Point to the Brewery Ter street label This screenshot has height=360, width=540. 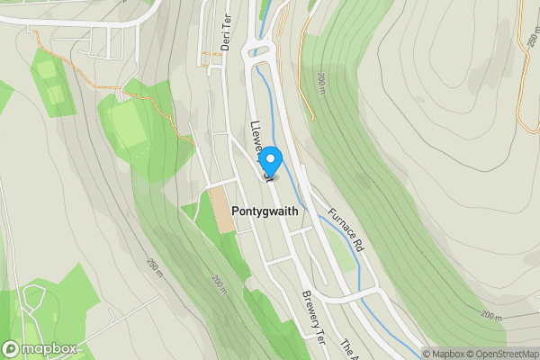[x=312, y=311]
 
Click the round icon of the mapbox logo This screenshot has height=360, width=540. [x=12, y=348]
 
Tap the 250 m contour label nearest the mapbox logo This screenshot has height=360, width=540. [x=156, y=267]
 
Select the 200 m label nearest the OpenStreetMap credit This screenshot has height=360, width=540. [x=491, y=316]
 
